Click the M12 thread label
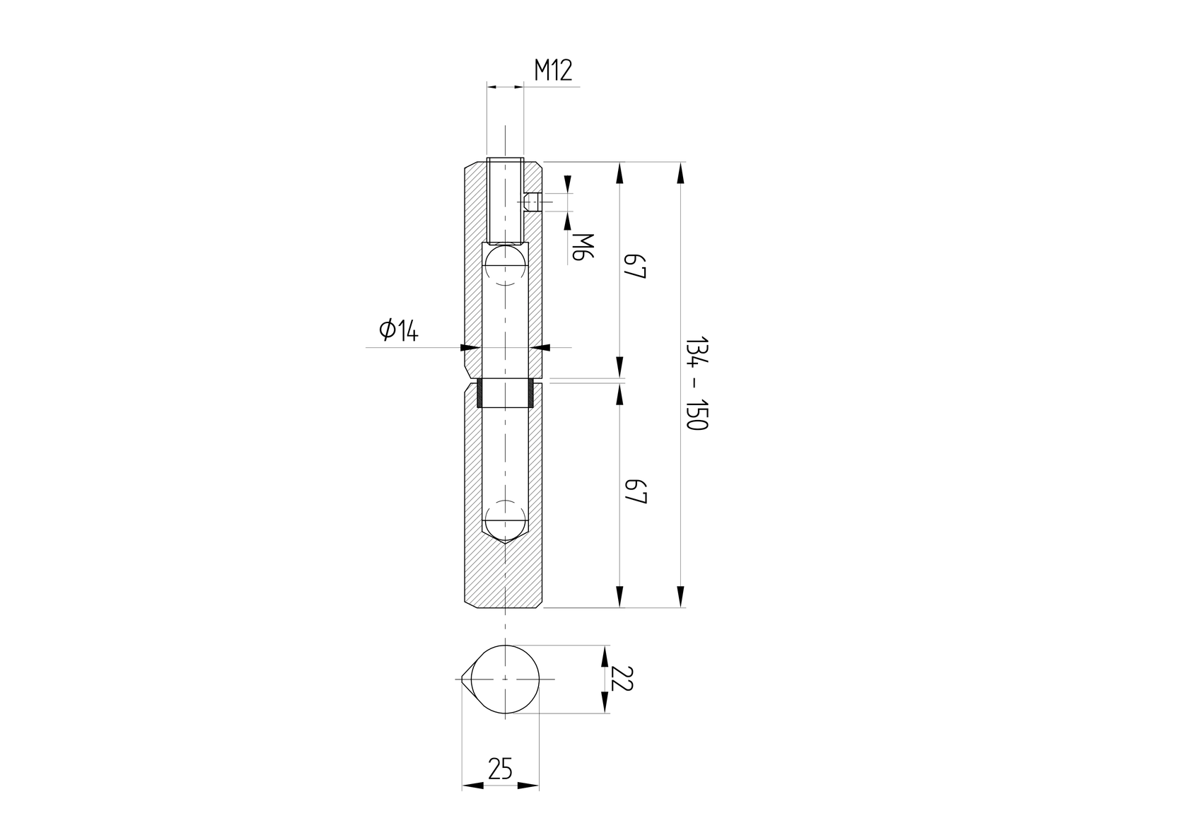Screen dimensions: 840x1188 (x=553, y=71)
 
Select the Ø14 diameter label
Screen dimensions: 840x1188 (x=399, y=330)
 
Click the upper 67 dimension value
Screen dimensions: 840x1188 (x=636, y=267)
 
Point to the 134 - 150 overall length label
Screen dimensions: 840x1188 (x=696, y=383)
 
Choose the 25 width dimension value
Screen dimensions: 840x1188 (x=500, y=769)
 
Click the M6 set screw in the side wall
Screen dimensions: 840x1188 (x=532, y=204)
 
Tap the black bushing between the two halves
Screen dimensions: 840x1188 (x=504, y=394)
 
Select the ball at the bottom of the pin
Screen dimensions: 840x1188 (x=504, y=519)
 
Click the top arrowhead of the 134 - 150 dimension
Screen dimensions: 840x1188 (x=680, y=173)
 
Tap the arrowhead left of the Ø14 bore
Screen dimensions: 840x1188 (x=470, y=347)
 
